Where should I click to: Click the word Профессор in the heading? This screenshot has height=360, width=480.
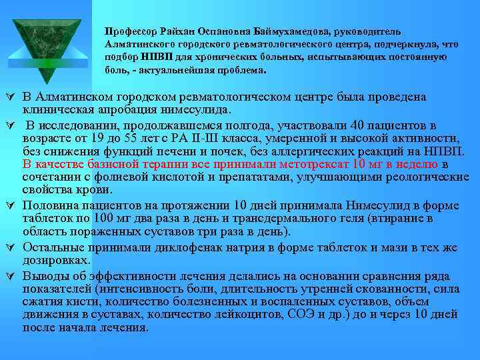128,31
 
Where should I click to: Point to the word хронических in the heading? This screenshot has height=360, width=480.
235,57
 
